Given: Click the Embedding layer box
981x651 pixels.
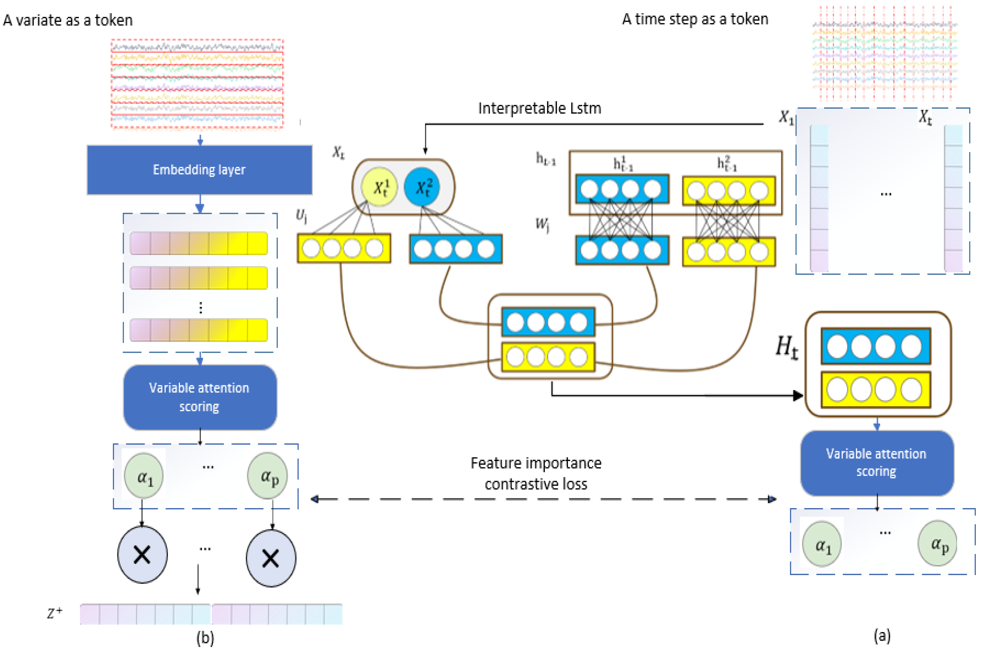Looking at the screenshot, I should [199, 170].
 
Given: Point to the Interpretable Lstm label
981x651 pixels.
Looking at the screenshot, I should [539, 108].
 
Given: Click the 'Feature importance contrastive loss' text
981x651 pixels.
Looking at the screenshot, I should [536, 473].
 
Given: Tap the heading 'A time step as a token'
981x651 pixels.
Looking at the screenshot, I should [695, 19].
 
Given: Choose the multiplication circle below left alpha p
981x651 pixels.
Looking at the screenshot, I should [271, 558].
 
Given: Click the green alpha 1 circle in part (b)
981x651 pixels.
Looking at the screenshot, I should [144, 476].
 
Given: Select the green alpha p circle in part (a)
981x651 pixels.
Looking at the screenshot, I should [937, 543].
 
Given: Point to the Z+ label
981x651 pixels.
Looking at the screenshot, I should [54, 613].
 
